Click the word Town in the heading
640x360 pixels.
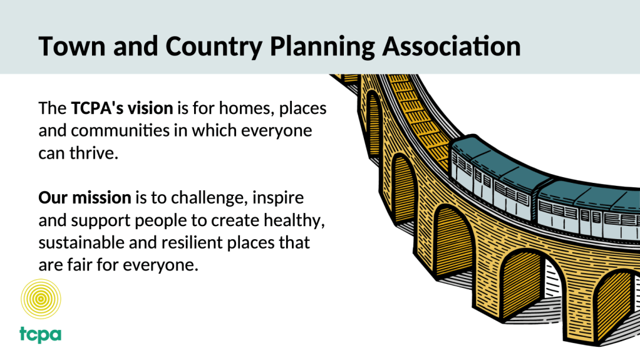coord(72,46)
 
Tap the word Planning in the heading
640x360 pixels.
coord(323,46)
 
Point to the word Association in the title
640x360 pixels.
coord(452,46)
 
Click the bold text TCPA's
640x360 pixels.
coord(97,108)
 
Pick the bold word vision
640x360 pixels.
coord(150,108)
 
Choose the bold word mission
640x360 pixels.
coord(101,198)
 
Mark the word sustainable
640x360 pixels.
coord(81,242)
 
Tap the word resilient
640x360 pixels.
coord(192,242)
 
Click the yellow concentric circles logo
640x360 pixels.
coord(41,299)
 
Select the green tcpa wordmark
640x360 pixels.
coord(41,335)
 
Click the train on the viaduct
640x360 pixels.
coord(543,188)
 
